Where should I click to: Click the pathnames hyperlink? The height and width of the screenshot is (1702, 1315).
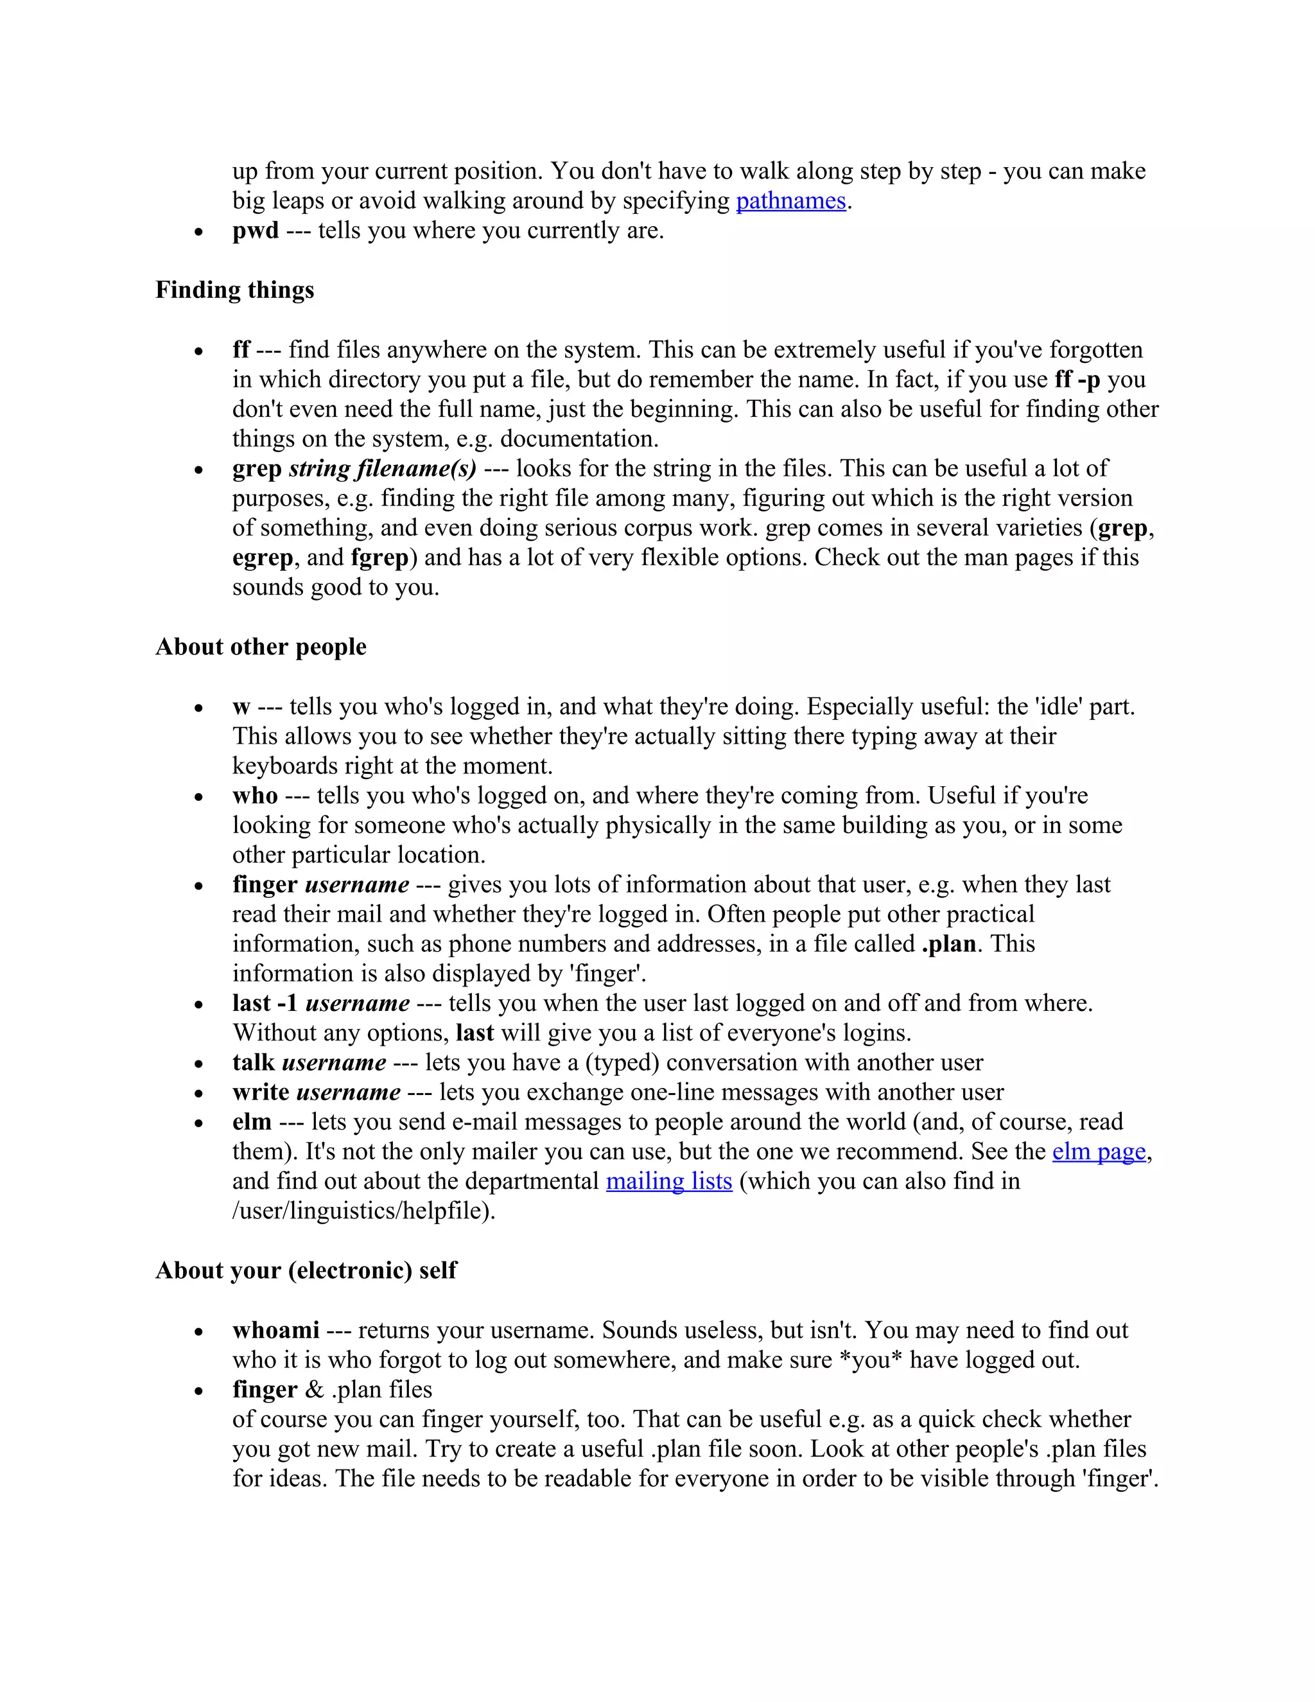pos(790,201)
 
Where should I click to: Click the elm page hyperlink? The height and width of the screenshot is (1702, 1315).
pos(1099,1151)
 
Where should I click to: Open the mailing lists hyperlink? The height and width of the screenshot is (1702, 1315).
pos(668,1180)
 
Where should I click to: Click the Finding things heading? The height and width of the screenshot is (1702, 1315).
pos(234,290)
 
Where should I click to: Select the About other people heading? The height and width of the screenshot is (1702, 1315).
pos(260,647)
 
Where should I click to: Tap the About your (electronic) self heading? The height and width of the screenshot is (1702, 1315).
pos(306,1270)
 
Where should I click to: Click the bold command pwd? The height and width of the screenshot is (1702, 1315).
pos(255,231)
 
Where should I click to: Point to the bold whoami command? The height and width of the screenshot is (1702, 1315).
pos(275,1329)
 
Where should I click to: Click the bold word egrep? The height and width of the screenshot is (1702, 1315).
pos(263,558)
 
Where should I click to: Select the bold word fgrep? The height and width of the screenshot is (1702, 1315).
pos(379,558)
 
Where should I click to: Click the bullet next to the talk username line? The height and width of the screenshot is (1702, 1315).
pos(200,1064)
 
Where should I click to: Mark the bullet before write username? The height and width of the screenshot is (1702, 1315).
pos(200,1093)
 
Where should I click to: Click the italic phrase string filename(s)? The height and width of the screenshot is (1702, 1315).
pos(382,468)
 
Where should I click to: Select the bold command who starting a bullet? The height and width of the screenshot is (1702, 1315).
pos(255,796)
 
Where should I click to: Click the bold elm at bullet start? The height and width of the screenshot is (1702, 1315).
pos(252,1122)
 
